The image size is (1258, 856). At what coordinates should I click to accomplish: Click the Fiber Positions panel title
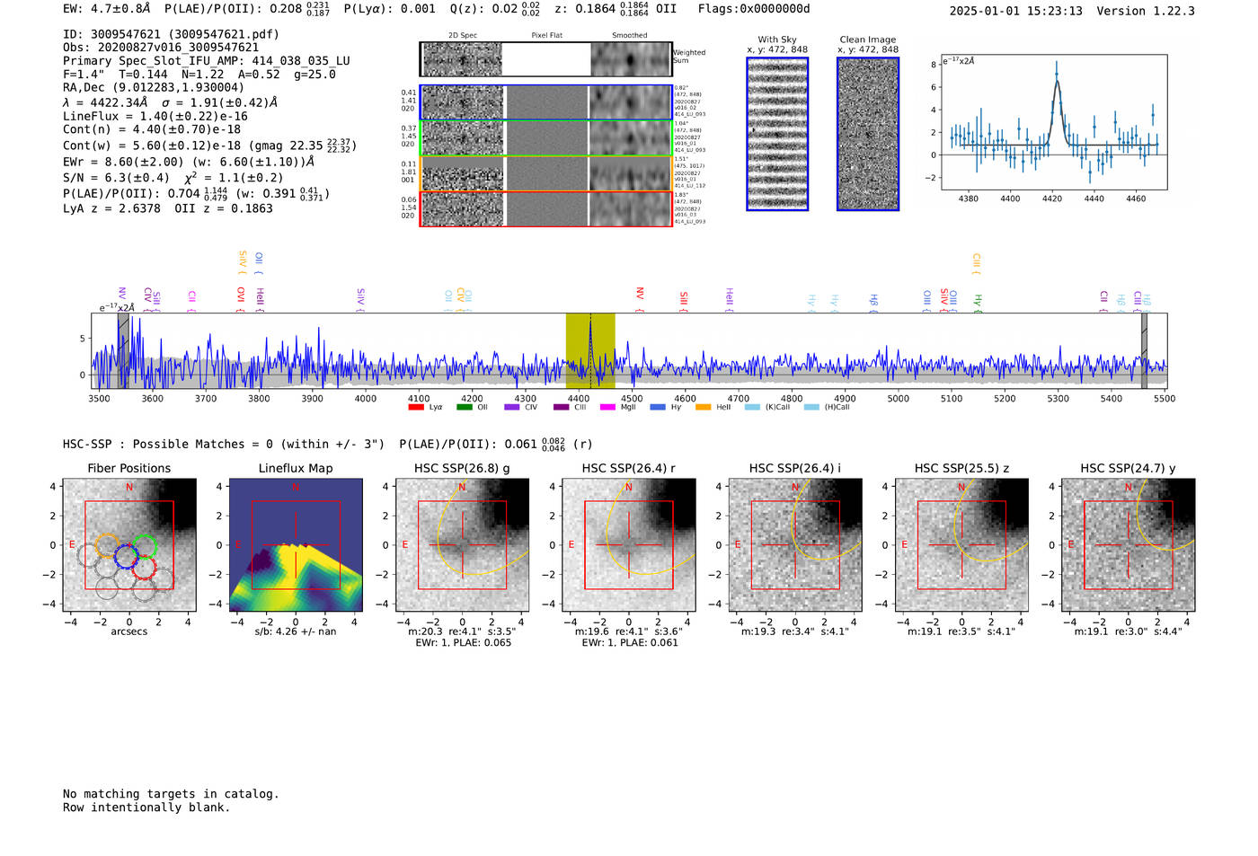click(x=128, y=468)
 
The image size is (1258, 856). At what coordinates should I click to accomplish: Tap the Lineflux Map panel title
click(x=295, y=468)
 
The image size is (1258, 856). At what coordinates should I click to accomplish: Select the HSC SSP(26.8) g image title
click(x=462, y=468)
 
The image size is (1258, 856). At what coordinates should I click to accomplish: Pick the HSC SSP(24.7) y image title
click(x=1128, y=468)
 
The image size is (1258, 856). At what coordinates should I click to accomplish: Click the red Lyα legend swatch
click(x=416, y=408)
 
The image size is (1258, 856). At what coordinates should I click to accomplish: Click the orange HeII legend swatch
click(x=703, y=408)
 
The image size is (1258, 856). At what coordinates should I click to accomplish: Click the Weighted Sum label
click(x=688, y=56)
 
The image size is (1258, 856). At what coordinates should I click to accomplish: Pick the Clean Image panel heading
click(x=867, y=40)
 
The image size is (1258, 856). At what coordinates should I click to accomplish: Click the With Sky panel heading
click(x=776, y=40)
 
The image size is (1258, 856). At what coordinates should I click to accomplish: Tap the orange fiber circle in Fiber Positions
click(x=107, y=545)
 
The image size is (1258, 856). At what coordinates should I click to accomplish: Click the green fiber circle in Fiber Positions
click(x=144, y=546)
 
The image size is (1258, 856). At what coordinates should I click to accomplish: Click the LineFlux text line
click(x=155, y=116)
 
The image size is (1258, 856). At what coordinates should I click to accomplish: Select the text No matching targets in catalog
click(x=171, y=794)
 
